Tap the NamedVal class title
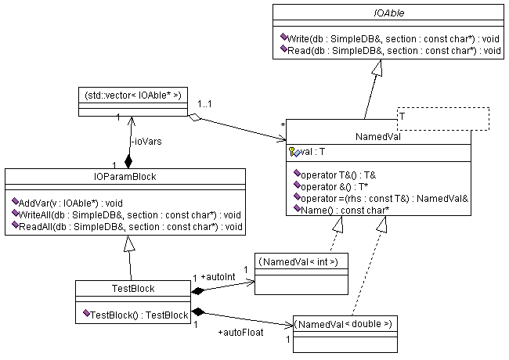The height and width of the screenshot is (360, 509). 378,136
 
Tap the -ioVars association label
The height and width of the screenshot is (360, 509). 143,142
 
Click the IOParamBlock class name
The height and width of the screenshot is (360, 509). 126,177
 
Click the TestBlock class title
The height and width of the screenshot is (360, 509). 133,289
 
